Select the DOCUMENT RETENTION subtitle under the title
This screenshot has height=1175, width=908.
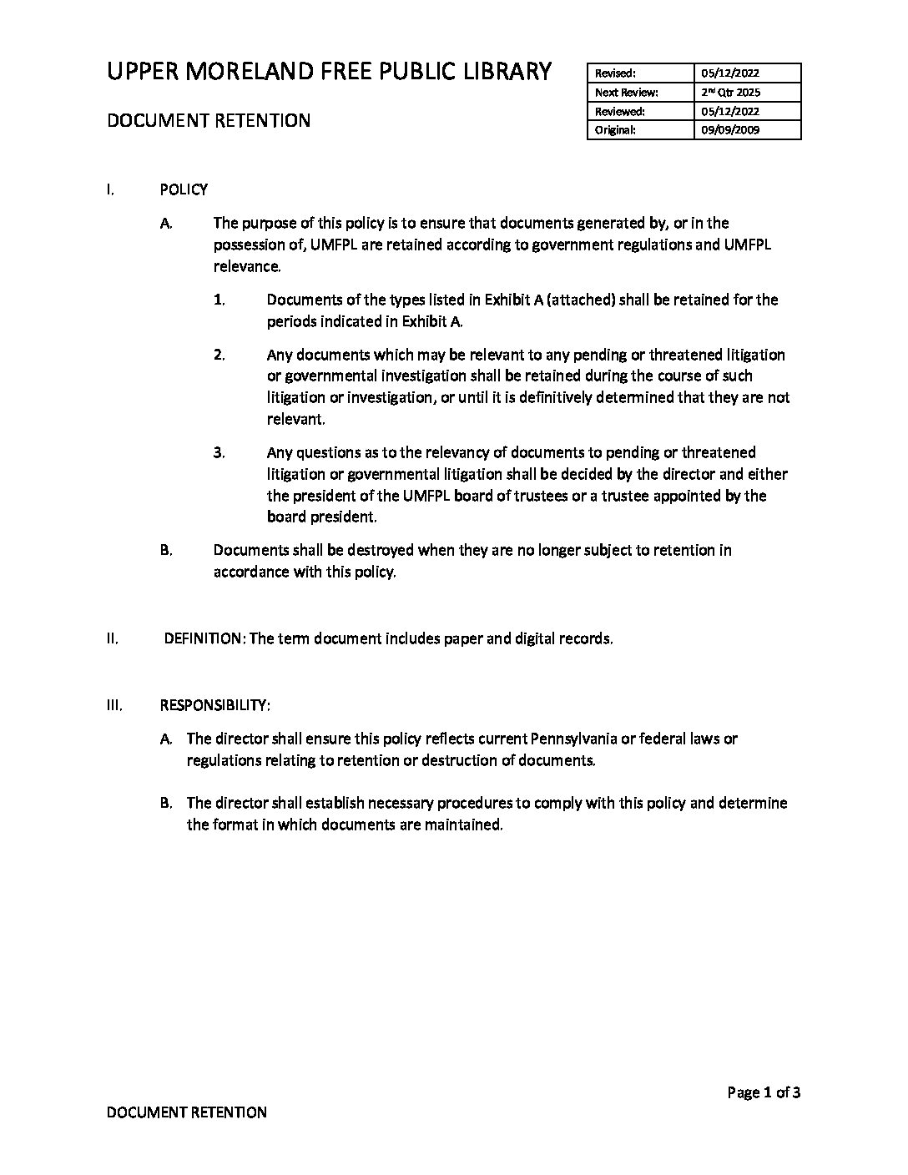point(208,120)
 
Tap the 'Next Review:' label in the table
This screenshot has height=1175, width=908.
point(626,93)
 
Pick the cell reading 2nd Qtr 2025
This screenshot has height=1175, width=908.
point(730,93)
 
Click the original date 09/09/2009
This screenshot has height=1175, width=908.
point(730,130)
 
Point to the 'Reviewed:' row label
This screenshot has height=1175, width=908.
point(619,111)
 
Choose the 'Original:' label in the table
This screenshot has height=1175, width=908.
point(615,130)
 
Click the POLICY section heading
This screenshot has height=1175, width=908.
point(184,189)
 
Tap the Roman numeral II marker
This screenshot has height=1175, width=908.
point(112,639)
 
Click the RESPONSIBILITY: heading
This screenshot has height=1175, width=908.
point(214,705)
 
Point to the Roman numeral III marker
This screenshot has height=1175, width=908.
point(114,705)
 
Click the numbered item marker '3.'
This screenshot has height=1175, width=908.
point(219,453)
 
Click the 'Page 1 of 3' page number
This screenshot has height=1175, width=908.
point(764,1092)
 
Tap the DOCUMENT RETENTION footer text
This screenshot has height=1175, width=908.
point(187,1112)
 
